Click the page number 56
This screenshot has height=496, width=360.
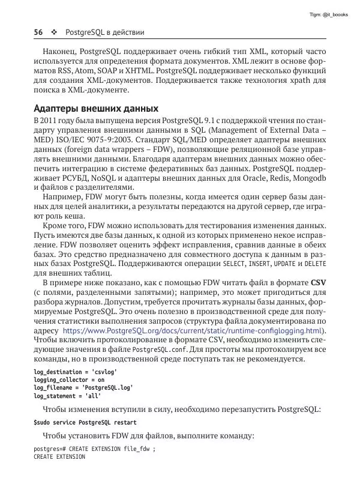pyautogui.click(x=40, y=31)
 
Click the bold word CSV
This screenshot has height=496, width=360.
pyautogui.click(x=318, y=282)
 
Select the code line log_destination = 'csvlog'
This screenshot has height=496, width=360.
pyautogui.click(x=75, y=372)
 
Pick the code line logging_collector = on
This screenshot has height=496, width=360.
pyautogui.click(x=69, y=380)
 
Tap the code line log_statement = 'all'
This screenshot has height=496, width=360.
pyautogui.click(x=67, y=396)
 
